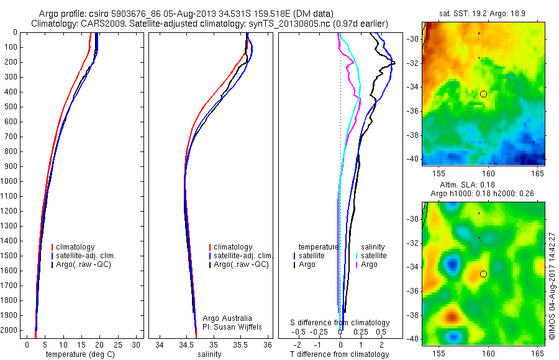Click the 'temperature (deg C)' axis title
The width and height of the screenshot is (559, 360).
pos(78,354)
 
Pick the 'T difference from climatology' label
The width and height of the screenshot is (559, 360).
pos(339,354)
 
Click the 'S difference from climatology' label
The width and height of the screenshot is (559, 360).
pos(340,323)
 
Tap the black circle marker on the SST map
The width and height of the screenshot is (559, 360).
pos(483,94)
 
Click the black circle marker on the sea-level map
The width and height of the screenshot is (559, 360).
pos(483,274)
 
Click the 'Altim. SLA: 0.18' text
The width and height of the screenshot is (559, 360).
pos(479,185)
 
